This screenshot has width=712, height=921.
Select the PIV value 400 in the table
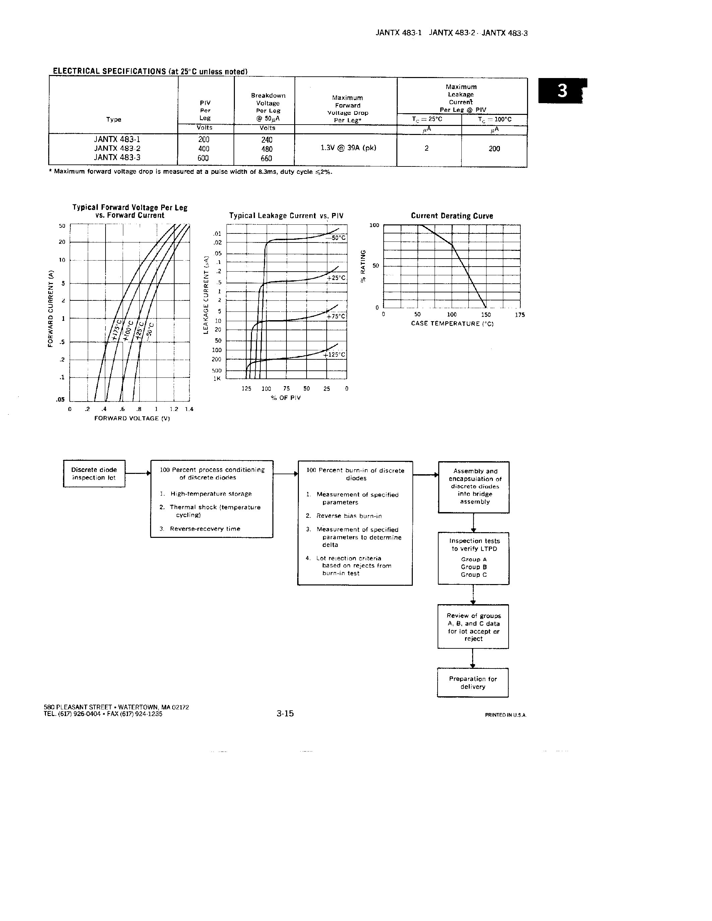(x=204, y=149)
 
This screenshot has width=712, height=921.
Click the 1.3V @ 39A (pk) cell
(x=348, y=148)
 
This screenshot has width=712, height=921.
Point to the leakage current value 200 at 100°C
(x=494, y=148)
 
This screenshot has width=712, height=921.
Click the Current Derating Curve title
(x=452, y=216)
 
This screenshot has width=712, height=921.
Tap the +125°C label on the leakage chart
(x=334, y=355)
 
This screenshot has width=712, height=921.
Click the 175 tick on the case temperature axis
(x=520, y=314)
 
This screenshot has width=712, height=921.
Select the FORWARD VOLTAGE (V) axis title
(x=132, y=418)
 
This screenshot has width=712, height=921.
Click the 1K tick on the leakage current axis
(x=217, y=378)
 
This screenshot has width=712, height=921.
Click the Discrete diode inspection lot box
(x=94, y=474)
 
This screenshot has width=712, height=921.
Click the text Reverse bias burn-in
(x=349, y=516)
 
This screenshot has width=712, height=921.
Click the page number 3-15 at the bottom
(x=285, y=713)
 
